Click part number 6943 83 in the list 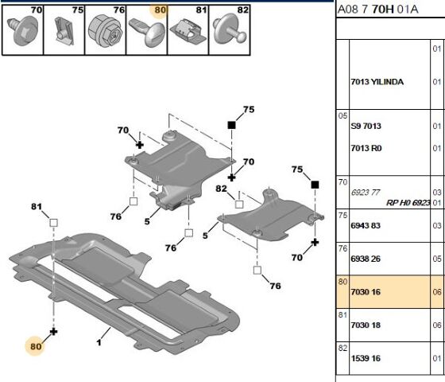click(366, 225)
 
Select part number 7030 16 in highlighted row click(366, 293)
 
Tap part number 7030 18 click(366, 325)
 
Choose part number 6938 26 click(366, 259)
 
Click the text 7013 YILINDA click(377, 82)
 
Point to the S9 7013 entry click(366, 127)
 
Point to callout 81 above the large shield click(36, 208)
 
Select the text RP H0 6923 click(413, 203)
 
